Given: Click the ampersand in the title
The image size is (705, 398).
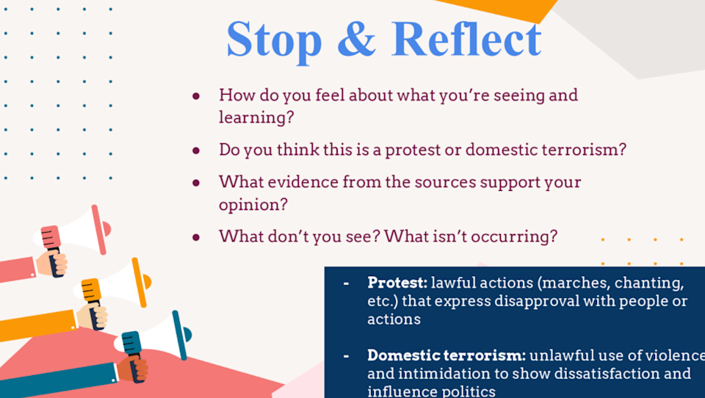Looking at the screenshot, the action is (x=356, y=39).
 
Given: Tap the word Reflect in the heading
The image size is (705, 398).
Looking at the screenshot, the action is (x=467, y=39).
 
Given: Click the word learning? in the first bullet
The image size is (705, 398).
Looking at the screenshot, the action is (x=256, y=117).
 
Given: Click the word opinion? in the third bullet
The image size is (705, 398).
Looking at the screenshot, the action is (x=253, y=205).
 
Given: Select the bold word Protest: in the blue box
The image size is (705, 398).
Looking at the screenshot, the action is (x=397, y=283).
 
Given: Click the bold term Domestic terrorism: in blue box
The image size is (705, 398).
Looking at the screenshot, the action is (x=446, y=355).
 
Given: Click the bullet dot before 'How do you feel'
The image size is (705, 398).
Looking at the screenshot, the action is (x=196, y=95).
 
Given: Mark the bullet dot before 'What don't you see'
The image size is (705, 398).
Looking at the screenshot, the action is (x=196, y=237).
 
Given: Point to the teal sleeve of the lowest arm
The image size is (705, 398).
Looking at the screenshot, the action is (x=59, y=379).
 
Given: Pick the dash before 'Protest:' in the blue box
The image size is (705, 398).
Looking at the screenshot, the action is (x=346, y=283).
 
